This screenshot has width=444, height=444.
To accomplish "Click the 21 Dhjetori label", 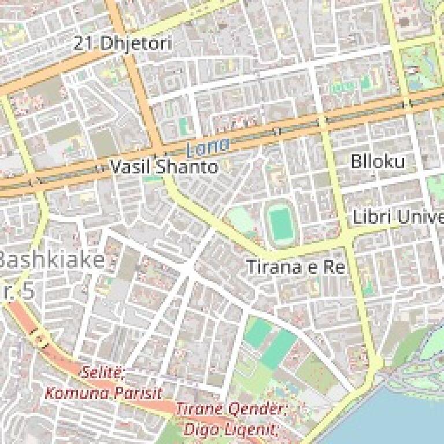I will point(123,43).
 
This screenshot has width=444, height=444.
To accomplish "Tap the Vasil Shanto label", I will point(164,168).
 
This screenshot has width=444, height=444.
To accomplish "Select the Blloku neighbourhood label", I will point(378,162).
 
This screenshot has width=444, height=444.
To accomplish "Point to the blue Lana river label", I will point(208,147).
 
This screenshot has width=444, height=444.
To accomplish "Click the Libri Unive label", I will point(398,218).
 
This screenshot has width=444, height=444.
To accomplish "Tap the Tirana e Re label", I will point(295,267).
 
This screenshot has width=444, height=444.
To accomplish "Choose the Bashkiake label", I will point(52,260).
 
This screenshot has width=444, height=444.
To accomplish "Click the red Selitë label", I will point(103,372).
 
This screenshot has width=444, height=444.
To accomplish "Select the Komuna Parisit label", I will point(103,393).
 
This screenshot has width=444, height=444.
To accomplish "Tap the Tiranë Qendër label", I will point(231,409).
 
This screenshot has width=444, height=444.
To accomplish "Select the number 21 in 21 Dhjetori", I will point(84,43).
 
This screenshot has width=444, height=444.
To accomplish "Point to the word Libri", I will point(370,218).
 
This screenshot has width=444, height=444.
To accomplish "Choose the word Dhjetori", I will point(136,43).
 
